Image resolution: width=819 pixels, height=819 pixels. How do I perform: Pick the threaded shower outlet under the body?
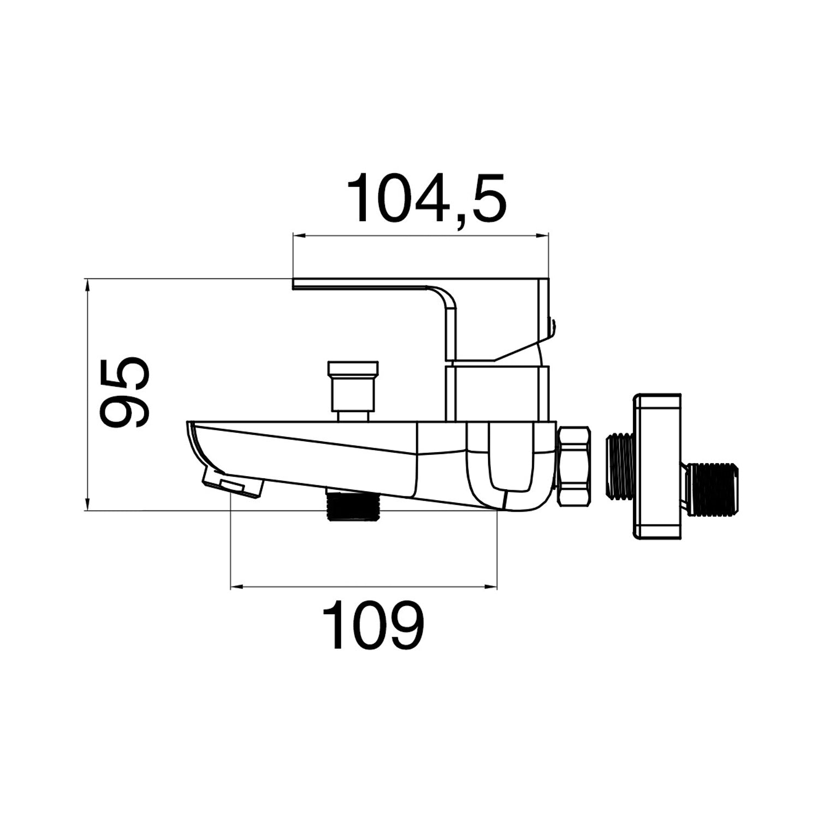352,506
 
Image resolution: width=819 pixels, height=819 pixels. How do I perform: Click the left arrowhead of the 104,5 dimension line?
298,236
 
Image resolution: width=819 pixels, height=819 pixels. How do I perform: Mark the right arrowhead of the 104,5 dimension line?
544,236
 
